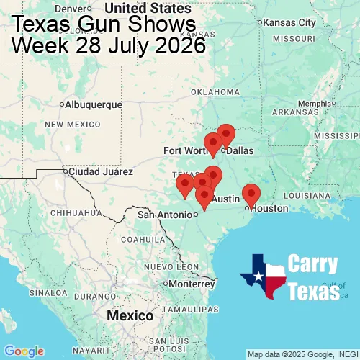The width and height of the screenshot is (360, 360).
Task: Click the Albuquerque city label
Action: click(93, 104)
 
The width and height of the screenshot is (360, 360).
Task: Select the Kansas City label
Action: click(289, 22)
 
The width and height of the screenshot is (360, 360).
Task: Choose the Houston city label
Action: click(269, 208)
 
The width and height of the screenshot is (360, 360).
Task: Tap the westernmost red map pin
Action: click(185, 186)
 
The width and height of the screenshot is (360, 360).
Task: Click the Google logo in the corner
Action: click(23, 351)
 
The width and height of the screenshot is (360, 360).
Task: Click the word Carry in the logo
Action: click(312, 264)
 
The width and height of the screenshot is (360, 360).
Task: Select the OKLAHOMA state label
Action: click(215, 92)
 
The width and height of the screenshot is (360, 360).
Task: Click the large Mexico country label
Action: click(130, 316)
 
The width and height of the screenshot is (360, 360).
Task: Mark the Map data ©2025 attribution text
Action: click(302, 354)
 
